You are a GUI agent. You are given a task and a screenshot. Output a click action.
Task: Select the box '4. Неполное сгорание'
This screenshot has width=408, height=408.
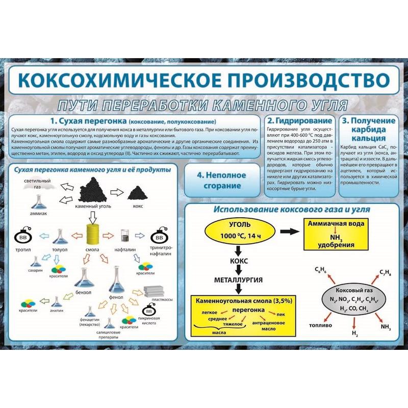pyautogui.click(x=221, y=180)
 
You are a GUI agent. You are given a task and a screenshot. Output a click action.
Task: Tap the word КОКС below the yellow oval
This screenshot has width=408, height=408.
pyautogui.click(x=237, y=261)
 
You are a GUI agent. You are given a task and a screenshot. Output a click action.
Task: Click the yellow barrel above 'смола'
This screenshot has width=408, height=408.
pyautogui.click(x=92, y=235)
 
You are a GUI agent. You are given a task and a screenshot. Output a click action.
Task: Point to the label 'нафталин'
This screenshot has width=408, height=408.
pyautogui.click(x=125, y=250)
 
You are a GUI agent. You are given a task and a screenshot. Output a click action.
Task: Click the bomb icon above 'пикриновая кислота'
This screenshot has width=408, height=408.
pyautogui.click(x=149, y=311)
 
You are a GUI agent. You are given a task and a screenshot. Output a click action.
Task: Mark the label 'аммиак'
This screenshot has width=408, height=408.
pyautogui.click(x=38, y=214)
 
